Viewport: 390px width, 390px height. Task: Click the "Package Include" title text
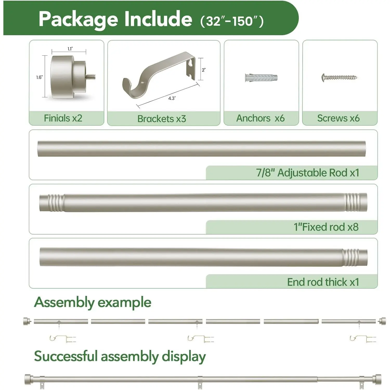point(115,19)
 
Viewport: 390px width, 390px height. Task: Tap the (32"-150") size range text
point(232,21)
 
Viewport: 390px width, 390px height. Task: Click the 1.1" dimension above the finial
point(70,49)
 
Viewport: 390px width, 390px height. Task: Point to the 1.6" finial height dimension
point(40,77)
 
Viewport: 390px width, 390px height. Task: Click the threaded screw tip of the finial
point(91,77)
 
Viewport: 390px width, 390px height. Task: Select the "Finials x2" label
point(63,118)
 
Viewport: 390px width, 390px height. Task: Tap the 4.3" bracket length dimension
point(172,98)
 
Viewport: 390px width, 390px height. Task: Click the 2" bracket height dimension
point(204,70)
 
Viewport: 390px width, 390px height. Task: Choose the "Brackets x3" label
point(162,119)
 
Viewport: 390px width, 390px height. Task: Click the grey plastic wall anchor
point(261,77)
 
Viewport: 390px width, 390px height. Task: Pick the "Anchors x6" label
point(261,118)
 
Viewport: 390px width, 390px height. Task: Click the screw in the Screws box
point(340,77)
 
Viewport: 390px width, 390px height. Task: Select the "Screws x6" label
point(339,118)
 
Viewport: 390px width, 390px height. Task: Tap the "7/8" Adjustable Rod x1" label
point(308,173)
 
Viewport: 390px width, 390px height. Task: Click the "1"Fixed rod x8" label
point(326,227)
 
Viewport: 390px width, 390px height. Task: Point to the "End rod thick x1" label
point(323,282)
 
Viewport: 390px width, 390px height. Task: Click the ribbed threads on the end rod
point(351,257)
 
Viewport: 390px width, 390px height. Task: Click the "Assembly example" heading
point(93,303)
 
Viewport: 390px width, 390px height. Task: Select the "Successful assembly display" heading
point(120,356)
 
